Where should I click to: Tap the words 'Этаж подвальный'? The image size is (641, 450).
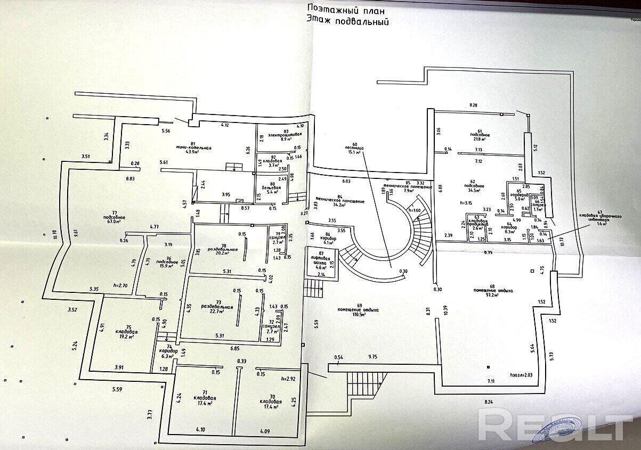346,22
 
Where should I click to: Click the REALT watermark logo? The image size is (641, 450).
556,425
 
